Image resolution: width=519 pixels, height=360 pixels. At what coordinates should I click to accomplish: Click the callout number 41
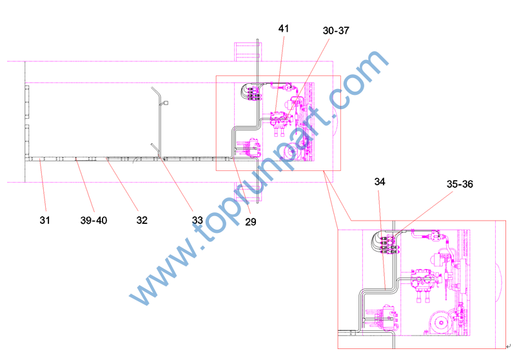tap(284, 28)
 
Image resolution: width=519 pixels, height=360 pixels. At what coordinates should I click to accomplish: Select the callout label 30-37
tap(336, 30)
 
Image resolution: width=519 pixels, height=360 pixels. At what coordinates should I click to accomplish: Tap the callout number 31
tap(44, 220)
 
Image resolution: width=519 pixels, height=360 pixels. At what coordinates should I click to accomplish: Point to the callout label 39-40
tap(93, 220)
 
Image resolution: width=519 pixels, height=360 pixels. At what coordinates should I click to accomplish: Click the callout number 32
tap(142, 220)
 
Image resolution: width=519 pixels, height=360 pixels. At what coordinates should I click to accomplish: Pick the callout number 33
tap(197, 220)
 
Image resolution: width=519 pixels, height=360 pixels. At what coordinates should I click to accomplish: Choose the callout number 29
tap(251, 221)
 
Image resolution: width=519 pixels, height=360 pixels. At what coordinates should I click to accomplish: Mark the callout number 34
tap(380, 181)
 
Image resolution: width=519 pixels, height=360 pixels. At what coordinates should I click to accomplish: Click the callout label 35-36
tap(460, 184)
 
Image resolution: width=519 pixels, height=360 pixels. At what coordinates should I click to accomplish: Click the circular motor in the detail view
tap(440, 322)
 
